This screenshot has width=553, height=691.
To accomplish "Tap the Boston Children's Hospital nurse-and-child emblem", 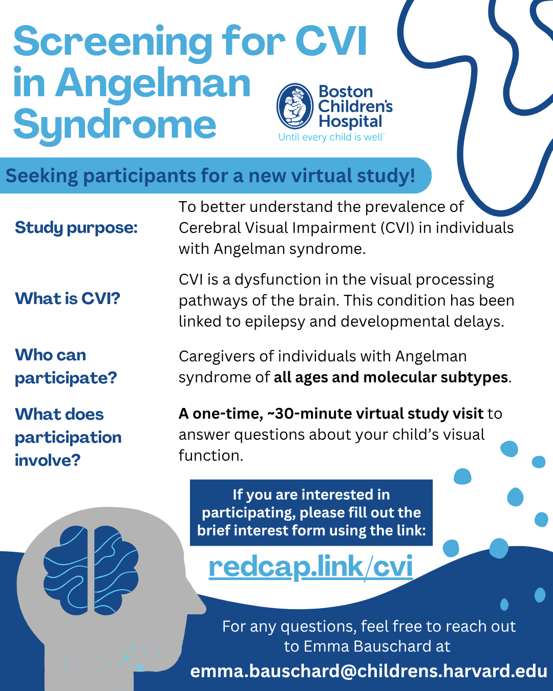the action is pos(295,106).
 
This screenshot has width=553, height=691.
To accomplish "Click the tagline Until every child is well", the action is pos(331,137).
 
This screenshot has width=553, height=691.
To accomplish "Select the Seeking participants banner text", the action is pos(210,176).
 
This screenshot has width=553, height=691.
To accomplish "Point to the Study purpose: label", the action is pos(76,228).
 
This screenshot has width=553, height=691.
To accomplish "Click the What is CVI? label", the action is pos(68,298).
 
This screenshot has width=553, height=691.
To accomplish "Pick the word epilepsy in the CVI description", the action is pos(275,322).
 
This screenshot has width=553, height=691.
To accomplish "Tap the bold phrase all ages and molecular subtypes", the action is pos(391,377).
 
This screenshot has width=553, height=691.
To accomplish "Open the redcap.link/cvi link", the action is pos(311,568).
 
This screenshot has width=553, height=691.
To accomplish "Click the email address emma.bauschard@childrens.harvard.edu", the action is pos(369,671).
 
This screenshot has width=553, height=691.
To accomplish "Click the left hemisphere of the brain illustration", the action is pos(66,570).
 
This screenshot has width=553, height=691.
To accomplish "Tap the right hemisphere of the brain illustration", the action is pos(116,570).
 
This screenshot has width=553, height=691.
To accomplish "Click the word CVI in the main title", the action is pos(331,42).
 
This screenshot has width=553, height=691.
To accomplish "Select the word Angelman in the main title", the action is pos(153,83).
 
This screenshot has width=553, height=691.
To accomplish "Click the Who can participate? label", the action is pos(66,366).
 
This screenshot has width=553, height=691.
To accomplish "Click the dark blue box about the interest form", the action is pos(311,513).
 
